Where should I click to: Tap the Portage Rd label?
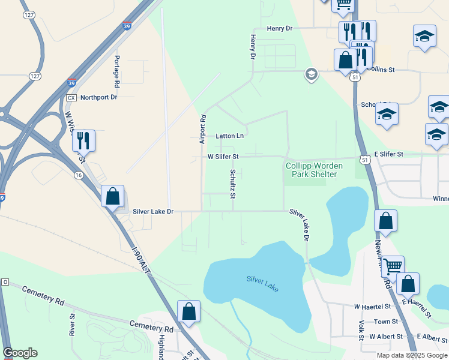(x=116, y=67)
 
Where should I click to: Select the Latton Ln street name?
(x=230, y=136)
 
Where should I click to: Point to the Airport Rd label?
(x=203, y=129)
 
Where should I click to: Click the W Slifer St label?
(x=223, y=157)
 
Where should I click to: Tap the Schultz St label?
(x=233, y=184)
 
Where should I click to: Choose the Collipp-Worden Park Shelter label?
(x=311, y=170)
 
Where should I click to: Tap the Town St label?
(x=386, y=322)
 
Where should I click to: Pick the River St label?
(x=72, y=323)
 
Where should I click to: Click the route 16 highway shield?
(x=79, y=175)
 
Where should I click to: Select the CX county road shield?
(x=71, y=97)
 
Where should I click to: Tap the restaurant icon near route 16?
(x=83, y=141)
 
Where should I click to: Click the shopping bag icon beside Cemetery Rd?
(x=188, y=312)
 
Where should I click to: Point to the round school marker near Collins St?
(x=311, y=74)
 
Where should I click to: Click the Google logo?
(x=20, y=353)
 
